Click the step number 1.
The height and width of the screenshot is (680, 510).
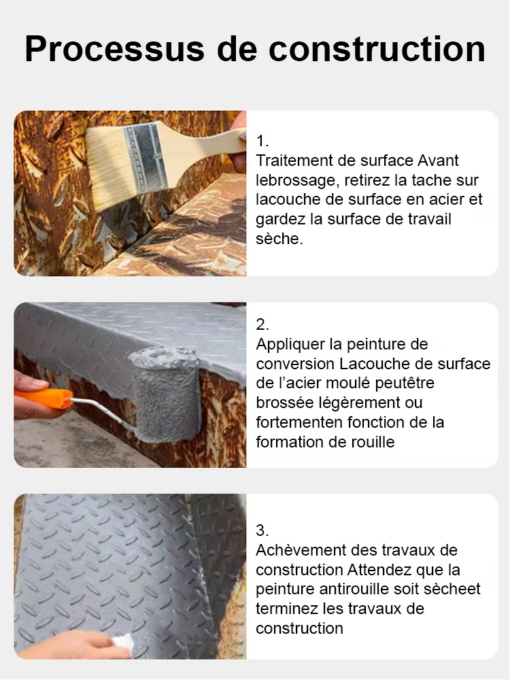coord(262,141)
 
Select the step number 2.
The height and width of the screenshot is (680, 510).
coord(262,324)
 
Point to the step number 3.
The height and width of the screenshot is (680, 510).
coord(262,530)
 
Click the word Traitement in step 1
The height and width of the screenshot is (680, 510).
coord(293,161)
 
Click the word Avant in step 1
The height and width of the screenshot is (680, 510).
coord(438,161)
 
